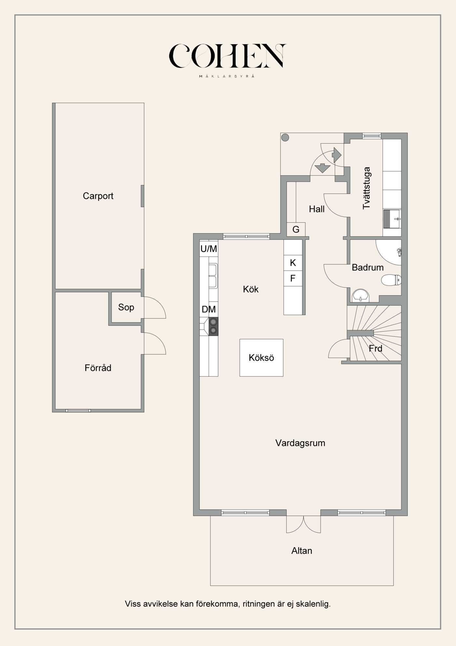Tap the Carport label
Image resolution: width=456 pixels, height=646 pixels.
(x=98, y=196)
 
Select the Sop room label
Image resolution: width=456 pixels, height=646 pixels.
(x=126, y=307)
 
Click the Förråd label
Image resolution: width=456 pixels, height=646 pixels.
(x=98, y=368)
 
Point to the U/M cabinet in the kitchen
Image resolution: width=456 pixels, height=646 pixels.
(x=208, y=249)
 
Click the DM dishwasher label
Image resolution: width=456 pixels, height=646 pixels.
(x=208, y=309)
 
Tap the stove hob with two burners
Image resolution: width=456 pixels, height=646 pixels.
(x=213, y=326)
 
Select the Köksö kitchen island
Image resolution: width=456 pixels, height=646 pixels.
(x=261, y=358)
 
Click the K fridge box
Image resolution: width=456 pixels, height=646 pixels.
(x=293, y=263)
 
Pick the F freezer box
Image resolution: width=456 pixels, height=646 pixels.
(x=293, y=278)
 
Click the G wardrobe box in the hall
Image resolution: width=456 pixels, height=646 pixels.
(x=296, y=229)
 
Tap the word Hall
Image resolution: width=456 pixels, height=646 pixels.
(x=317, y=209)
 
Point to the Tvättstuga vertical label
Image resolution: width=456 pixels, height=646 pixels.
(x=367, y=188)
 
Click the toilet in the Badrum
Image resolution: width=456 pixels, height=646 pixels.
(x=391, y=280)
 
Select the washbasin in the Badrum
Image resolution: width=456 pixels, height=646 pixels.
(x=360, y=295)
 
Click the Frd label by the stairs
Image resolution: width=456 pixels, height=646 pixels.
(x=375, y=348)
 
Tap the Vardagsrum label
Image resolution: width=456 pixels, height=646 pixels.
(x=300, y=443)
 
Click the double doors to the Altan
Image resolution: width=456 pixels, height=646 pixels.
(x=303, y=523)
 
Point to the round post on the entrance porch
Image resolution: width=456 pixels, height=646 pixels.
(x=285, y=138)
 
